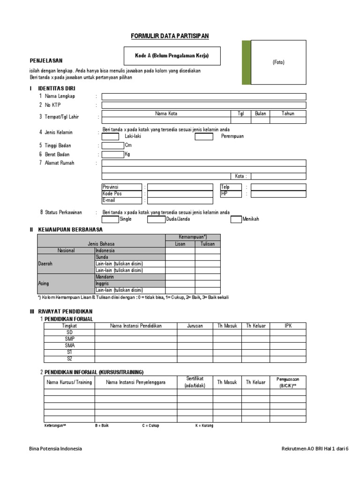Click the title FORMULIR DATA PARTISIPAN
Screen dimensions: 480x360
point(169,36)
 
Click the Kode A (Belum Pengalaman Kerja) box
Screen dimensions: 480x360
point(172,56)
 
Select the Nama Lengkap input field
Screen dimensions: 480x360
point(203,97)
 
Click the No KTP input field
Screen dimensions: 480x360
point(203,105)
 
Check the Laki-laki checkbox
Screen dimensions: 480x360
point(110,136)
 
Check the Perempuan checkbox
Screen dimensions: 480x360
point(204,136)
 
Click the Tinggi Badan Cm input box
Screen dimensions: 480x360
point(112,145)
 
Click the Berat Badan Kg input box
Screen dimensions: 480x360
point(112,154)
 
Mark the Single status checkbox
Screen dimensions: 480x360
point(110,219)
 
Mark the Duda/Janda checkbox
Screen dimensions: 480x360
point(156,219)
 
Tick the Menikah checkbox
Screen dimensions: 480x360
point(236,219)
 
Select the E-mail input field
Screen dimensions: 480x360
point(180,201)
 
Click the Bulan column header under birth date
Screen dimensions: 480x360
point(260,113)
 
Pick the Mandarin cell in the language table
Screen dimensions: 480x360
point(130,277)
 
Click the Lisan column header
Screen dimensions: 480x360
point(180,244)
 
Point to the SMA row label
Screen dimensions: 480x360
point(69,345)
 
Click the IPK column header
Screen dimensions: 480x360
point(288,326)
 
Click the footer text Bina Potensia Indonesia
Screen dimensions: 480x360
point(55,449)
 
